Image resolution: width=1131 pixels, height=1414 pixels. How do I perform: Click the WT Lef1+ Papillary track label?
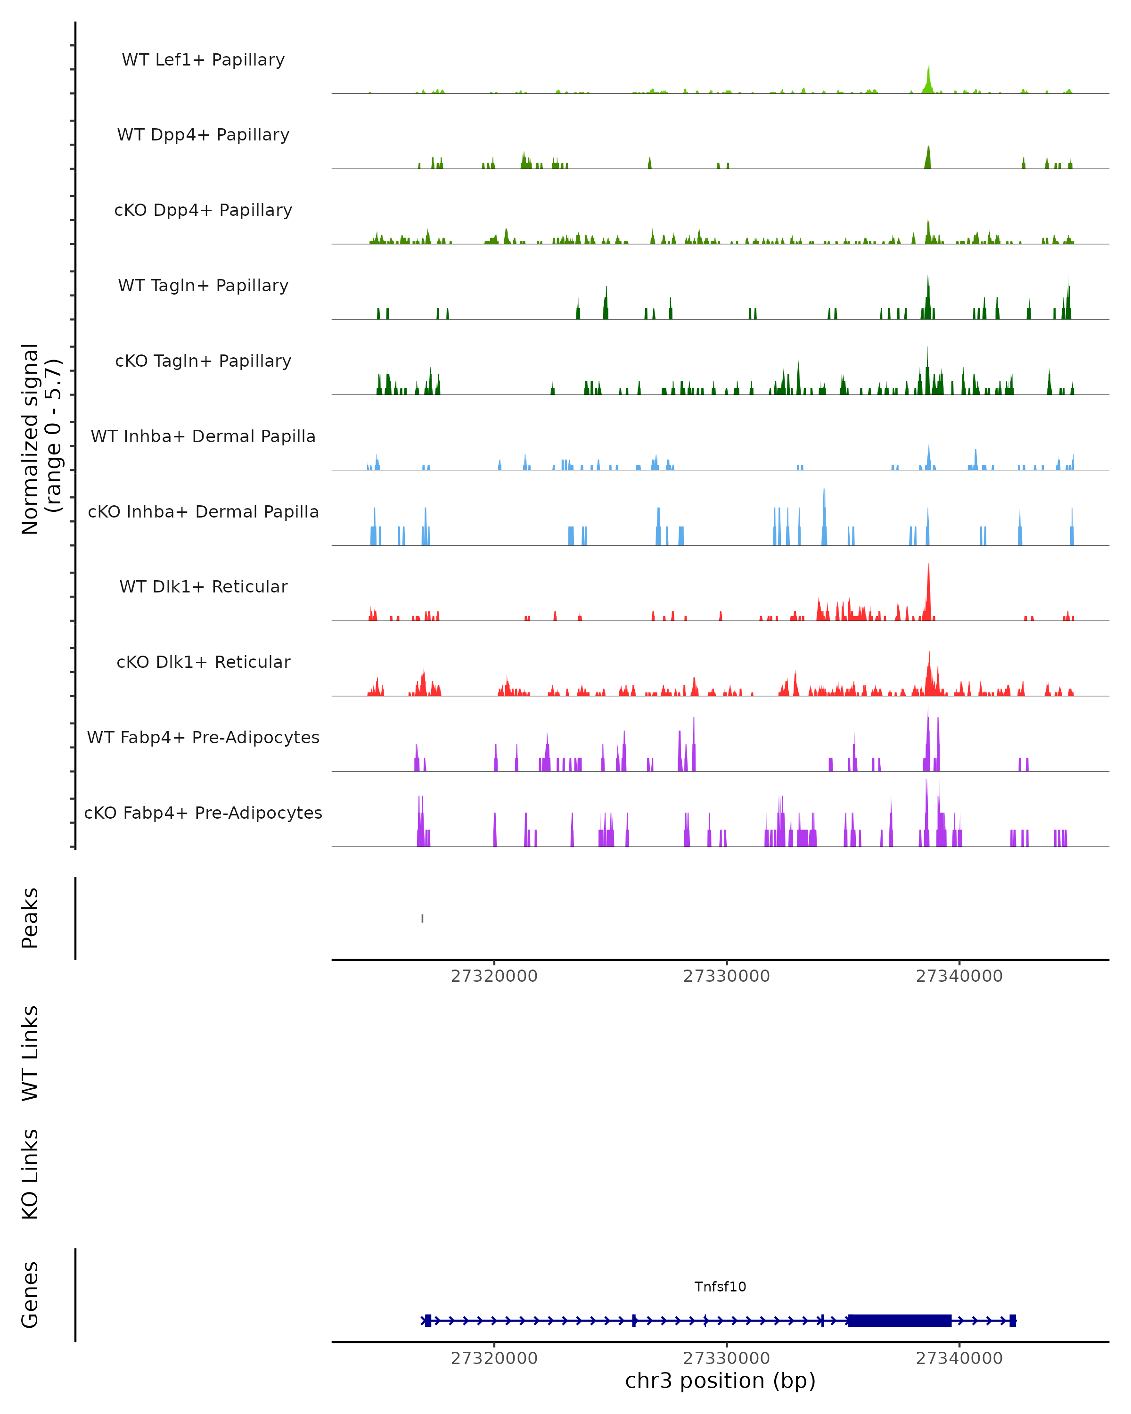pos(203,60)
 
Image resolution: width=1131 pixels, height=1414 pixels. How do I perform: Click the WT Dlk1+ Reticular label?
pos(203,586)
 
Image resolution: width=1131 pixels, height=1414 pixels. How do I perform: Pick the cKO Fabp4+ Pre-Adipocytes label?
pos(203,813)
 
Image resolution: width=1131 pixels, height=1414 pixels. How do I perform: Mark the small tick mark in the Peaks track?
pos(422,918)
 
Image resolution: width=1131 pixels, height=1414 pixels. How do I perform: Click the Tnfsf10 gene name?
pos(720,1287)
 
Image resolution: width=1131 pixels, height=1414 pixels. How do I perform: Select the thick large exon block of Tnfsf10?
pos(900,1320)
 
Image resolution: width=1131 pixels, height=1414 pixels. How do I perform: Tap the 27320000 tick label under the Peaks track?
pos(494,976)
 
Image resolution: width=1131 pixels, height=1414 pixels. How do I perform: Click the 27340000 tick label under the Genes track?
pos(959,1358)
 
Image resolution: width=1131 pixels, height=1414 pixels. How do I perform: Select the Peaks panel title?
pos(30,918)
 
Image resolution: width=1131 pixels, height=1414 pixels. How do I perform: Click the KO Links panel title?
pos(30,1174)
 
